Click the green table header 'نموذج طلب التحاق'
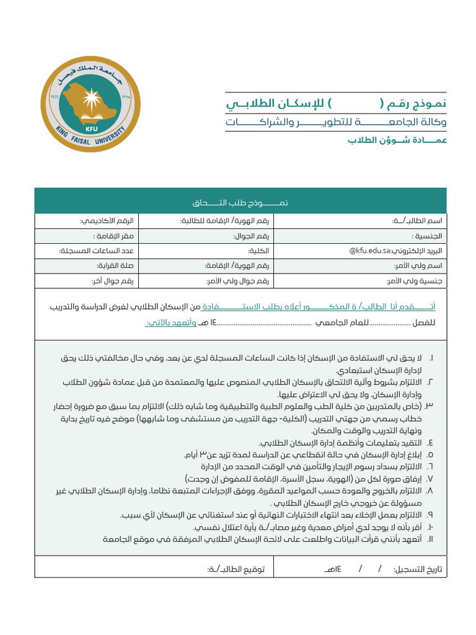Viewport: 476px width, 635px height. pyautogui.click(x=240, y=203)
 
